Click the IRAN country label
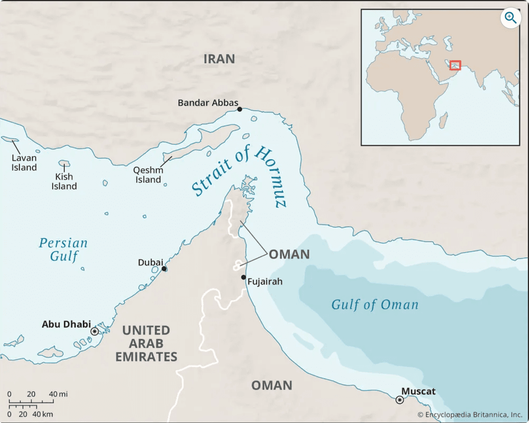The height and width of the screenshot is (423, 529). [x=219, y=59]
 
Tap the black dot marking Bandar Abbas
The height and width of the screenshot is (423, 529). [x=240, y=109]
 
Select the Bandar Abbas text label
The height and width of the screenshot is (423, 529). [x=208, y=102]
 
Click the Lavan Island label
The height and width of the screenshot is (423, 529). [x=25, y=163]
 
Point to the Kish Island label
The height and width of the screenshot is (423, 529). [x=64, y=181]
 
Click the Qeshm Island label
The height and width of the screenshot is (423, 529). [x=148, y=175]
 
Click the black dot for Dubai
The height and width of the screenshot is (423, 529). [x=165, y=269]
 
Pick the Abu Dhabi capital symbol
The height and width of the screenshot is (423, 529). [x=95, y=331]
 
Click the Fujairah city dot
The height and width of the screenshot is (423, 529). [x=243, y=277]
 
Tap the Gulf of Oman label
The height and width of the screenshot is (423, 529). [x=375, y=305]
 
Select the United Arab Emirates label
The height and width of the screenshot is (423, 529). [x=146, y=343]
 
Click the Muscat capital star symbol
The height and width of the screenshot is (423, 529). [x=399, y=400]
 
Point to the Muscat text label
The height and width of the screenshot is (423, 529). [x=418, y=391]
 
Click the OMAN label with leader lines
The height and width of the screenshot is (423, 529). [x=289, y=255]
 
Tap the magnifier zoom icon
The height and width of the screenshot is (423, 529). [x=510, y=18]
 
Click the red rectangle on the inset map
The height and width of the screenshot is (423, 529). [x=455, y=65]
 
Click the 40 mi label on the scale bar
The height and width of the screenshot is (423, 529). [x=58, y=394]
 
